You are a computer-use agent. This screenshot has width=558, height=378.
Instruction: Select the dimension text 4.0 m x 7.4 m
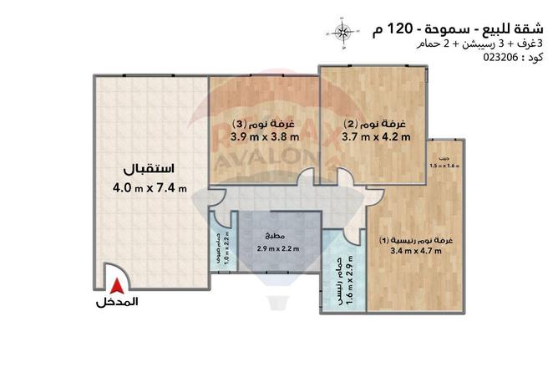pos(150,186)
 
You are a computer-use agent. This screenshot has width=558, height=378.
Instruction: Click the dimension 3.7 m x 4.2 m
pos(377,135)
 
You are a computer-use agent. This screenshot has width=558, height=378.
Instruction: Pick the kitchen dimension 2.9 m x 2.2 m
pos(278,248)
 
